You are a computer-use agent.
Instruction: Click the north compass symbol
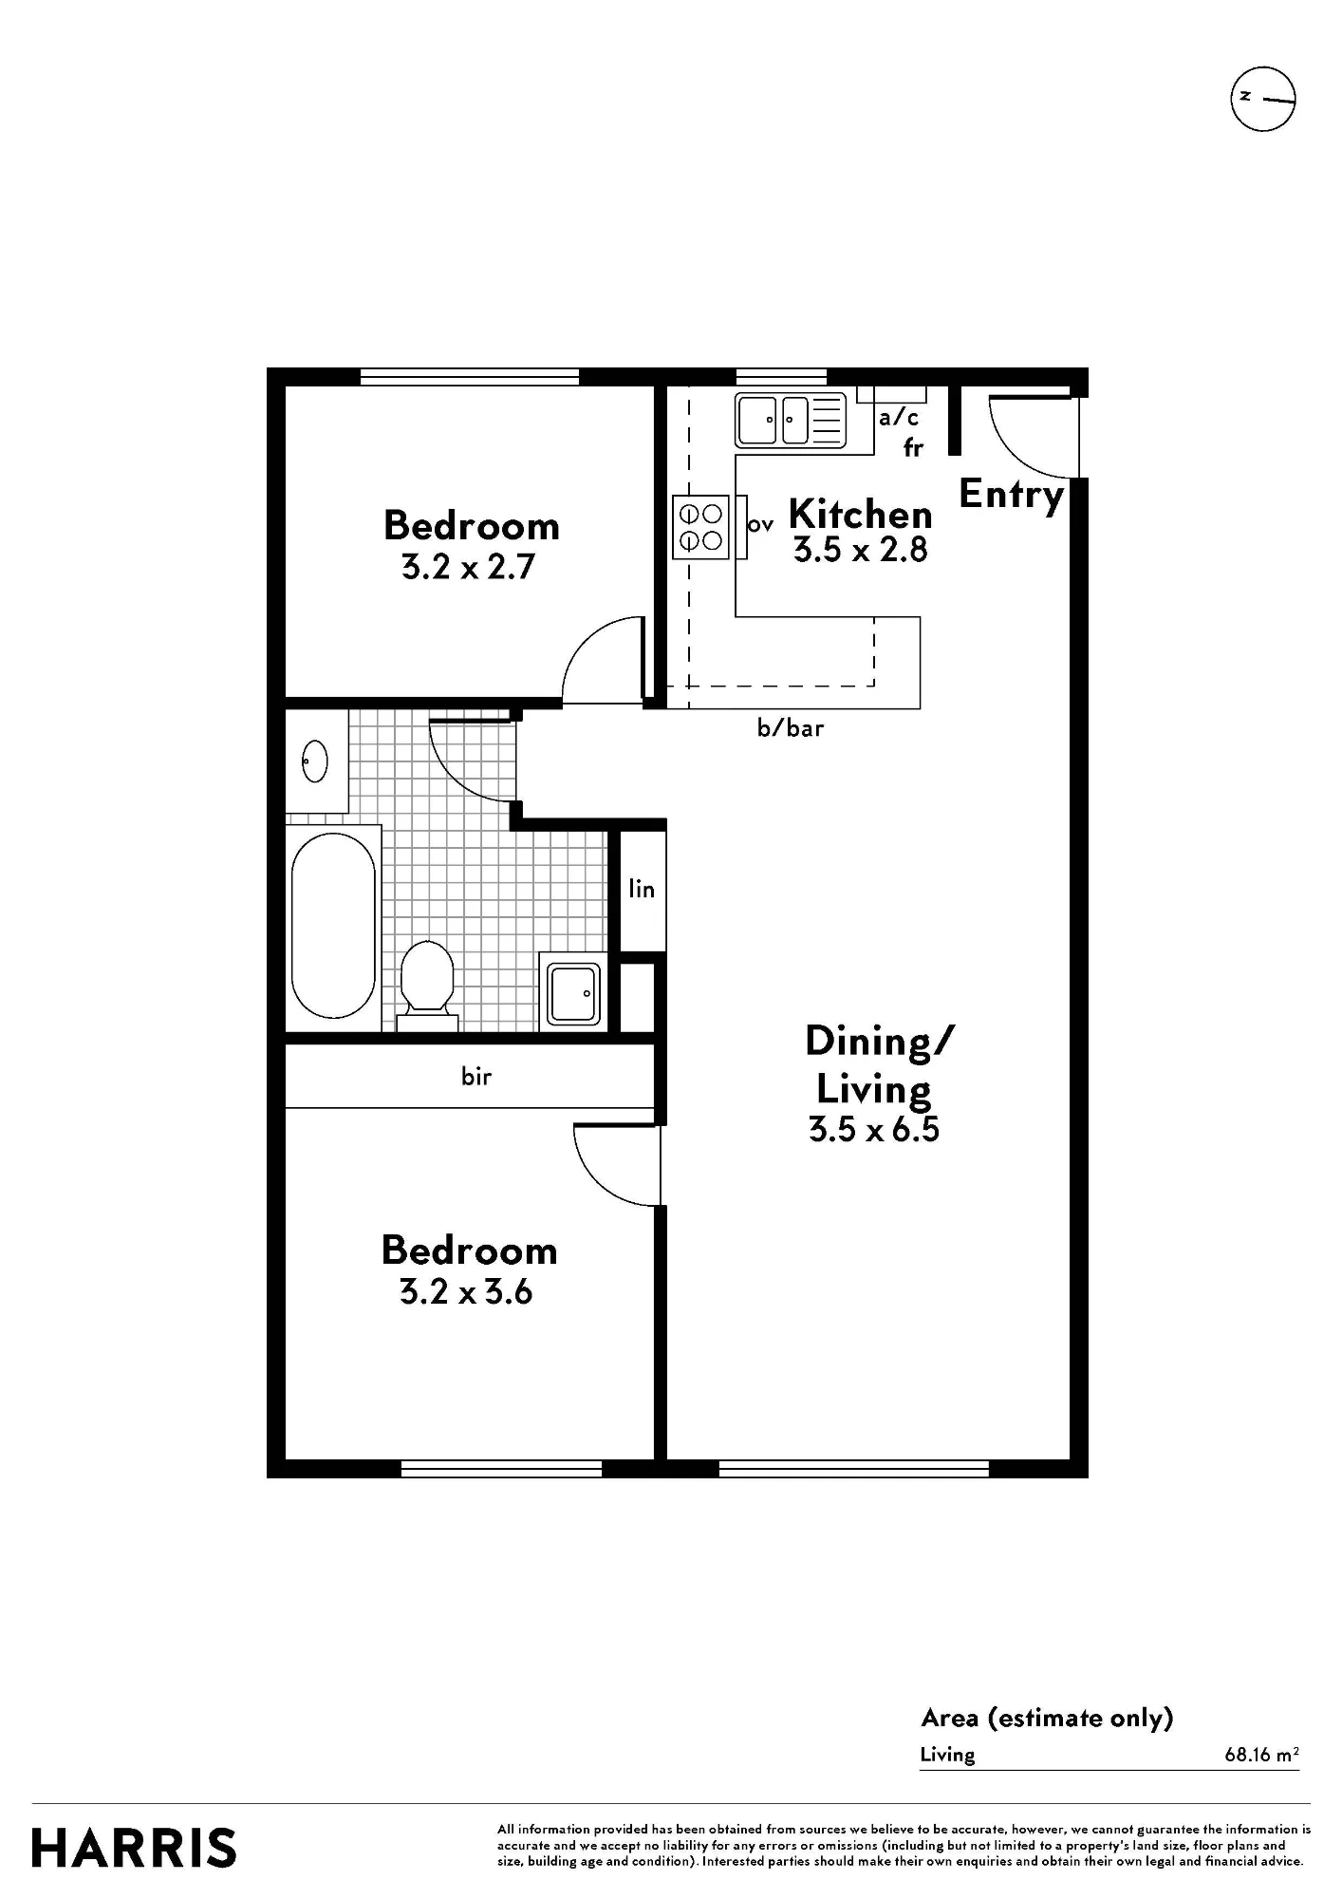coord(1263,99)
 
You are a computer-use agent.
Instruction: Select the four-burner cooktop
coord(700,527)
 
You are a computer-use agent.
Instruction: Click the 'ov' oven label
coord(760,524)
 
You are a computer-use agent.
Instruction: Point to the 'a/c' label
coord(899,417)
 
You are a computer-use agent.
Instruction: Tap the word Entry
coord(1011,495)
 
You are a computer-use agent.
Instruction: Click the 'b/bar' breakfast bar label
coord(791,728)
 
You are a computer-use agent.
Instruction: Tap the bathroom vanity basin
coord(315,761)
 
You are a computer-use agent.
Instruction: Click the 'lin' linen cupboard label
coord(642,889)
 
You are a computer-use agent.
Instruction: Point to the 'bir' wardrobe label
coord(476,1077)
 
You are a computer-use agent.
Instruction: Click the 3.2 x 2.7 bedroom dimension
coord(469,567)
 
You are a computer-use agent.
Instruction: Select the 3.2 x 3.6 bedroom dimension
coord(466,1292)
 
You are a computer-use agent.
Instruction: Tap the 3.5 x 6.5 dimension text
coord(874,1129)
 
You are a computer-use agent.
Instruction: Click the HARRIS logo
coord(134,1849)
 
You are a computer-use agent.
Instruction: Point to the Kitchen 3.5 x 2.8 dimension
coord(861,550)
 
